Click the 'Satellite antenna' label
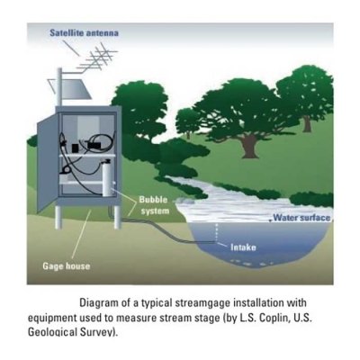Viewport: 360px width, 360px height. tap(84, 32)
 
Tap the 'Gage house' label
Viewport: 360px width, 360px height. tap(67, 266)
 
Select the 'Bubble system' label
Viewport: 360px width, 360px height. tap(155, 205)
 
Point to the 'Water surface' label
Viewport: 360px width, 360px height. tap(301, 218)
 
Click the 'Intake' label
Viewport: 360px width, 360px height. tap(243, 247)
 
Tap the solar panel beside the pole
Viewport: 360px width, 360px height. tap(73, 89)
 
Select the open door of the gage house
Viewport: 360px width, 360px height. tap(47, 165)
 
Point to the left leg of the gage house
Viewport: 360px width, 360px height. tap(58, 217)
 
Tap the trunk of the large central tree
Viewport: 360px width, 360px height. tap(250, 147)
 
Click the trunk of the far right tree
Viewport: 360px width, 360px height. tap(307, 123)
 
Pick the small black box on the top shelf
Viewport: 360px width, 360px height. tap(75, 148)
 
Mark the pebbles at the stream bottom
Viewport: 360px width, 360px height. tap(252, 264)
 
